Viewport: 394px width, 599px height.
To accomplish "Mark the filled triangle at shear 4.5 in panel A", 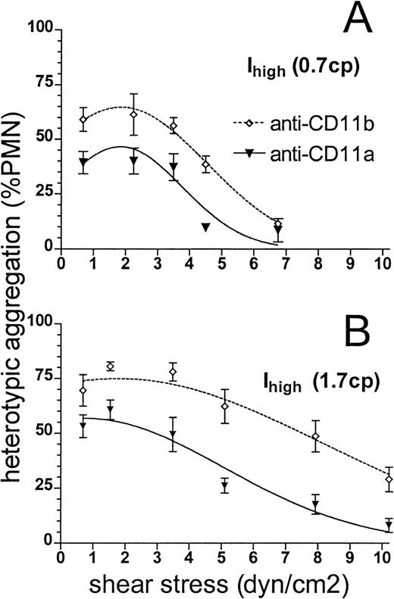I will tap(205, 226).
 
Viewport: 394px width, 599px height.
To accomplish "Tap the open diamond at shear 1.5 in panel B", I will tap(111, 367).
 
